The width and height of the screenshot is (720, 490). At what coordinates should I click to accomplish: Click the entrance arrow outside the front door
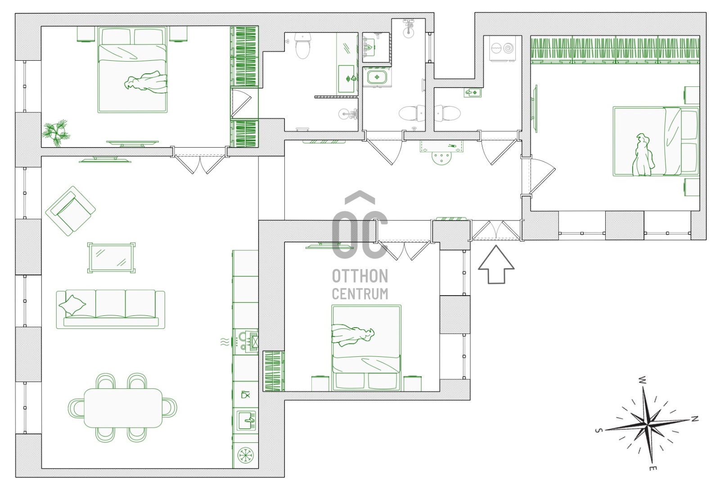tap(496, 265)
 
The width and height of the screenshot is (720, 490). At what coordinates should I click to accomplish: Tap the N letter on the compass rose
tap(695, 418)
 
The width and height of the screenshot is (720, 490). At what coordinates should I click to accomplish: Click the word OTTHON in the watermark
tap(360, 276)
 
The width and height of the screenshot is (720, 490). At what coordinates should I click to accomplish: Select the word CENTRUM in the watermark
tap(360, 294)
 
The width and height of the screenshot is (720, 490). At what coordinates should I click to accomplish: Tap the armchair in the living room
tap(70, 211)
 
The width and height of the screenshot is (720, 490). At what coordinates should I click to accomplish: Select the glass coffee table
tap(111, 258)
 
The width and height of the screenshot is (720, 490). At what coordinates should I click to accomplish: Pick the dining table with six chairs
tap(123, 408)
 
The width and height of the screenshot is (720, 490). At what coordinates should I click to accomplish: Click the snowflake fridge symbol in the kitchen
tap(246, 456)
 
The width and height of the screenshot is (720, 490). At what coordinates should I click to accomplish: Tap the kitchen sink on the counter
tap(247, 420)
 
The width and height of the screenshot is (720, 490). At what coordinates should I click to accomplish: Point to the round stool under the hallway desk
tap(441, 158)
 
